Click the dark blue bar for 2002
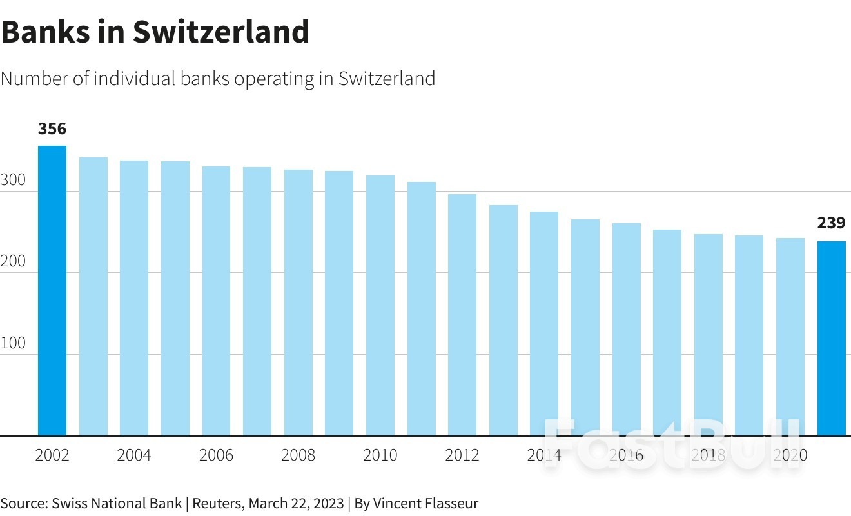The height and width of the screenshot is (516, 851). point(52,290)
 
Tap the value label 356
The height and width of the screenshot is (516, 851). point(52,129)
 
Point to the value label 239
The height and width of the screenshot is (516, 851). point(831,223)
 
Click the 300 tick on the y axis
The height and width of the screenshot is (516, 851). point(13,180)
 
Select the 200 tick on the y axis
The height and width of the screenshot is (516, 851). point(13,261)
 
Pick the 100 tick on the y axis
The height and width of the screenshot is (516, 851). point(13,343)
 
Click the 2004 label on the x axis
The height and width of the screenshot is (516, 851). point(134,455)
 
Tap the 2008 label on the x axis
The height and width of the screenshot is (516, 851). point(298,455)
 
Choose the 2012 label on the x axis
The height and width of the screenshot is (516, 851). point(462,455)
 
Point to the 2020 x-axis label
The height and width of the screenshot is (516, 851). point(790,455)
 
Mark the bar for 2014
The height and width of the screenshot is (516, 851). point(544,323)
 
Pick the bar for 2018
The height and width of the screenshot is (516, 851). point(708,335)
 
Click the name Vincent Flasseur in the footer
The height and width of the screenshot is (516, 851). point(425,503)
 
